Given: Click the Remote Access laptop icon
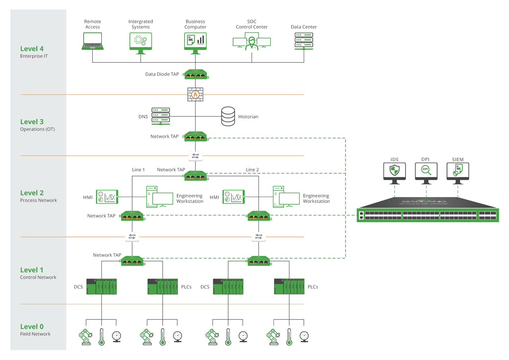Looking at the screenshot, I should (x=92, y=41).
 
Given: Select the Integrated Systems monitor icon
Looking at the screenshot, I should (x=140, y=41).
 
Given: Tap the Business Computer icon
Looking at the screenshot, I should (x=195, y=41).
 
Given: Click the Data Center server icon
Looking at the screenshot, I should (x=304, y=41).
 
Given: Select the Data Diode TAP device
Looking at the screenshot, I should (x=195, y=74).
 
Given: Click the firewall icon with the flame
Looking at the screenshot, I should (x=195, y=95).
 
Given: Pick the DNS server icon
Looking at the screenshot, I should (x=160, y=116).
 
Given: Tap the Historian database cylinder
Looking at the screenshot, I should (x=228, y=116).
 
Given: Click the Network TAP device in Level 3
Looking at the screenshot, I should (x=195, y=137).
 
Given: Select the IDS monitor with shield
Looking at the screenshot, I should (x=394, y=172).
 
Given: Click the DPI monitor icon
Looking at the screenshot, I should (x=426, y=172).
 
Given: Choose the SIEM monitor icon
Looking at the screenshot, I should (x=458, y=172).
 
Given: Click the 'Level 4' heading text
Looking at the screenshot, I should (x=32, y=48).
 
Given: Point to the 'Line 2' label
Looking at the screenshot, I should (x=253, y=170).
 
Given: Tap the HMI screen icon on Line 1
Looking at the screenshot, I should (x=107, y=197).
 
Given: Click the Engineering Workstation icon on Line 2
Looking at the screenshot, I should (x=286, y=197).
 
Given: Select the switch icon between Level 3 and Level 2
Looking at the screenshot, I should (x=195, y=156).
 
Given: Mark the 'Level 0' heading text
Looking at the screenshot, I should (x=32, y=327).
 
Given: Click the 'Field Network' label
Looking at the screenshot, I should (x=35, y=334).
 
